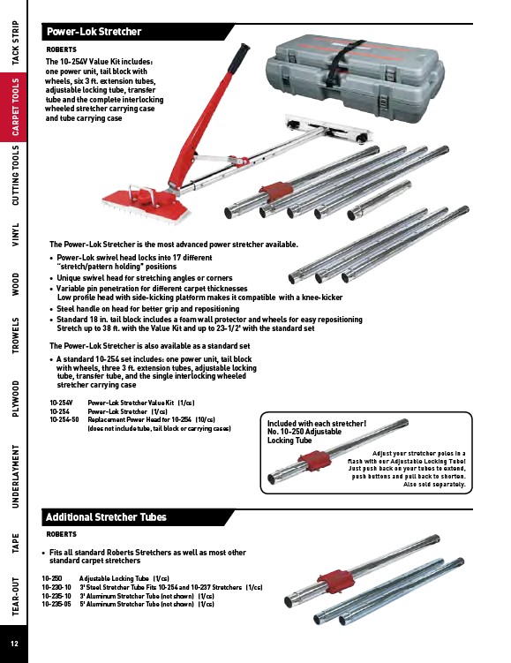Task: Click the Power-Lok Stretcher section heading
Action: (94, 32)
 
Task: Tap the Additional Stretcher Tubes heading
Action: (106, 517)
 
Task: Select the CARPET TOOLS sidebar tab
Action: (15, 107)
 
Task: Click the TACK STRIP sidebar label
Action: (15, 42)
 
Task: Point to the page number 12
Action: (14, 644)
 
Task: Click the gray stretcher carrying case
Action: (355, 79)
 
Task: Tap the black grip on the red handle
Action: (237, 58)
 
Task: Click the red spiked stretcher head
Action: (146, 204)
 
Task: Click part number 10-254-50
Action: (64, 419)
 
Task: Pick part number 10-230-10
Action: (56, 587)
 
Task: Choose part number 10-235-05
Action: (56, 604)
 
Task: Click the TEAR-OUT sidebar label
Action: (15, 596)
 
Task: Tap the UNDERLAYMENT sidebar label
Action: (15, 476)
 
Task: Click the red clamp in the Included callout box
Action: (315, 461)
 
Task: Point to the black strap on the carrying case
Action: (343, 63)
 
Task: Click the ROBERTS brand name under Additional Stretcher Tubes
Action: (61, 534)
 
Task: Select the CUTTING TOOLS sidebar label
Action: (15, 175)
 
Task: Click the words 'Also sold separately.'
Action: (434, 484)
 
